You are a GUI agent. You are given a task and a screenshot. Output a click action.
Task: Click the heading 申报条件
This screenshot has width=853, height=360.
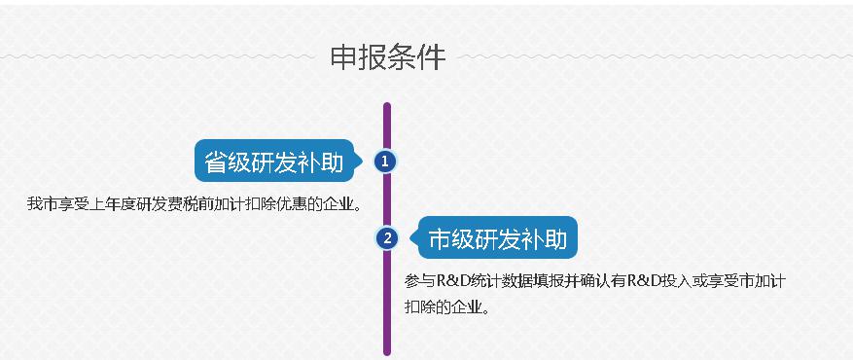click(388, 57)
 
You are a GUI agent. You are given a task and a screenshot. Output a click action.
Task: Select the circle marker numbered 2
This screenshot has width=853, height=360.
click(387, 237)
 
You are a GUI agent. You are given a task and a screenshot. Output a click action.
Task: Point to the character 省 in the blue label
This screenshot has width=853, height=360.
click(215, 162)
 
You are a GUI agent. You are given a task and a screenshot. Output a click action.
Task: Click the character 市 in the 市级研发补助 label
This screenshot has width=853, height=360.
click(440, 238)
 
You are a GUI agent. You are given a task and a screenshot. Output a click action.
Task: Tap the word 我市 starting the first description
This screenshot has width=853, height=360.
click(43, 204)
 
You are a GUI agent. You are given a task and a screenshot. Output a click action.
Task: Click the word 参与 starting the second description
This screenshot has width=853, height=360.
click(420, 281)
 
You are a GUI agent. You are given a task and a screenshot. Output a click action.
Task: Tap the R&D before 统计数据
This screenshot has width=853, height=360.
click(452, 281)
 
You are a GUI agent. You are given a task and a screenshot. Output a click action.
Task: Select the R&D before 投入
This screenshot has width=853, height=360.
click(643, 281)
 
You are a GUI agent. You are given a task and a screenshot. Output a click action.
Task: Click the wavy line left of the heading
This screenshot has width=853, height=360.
click(158, 56)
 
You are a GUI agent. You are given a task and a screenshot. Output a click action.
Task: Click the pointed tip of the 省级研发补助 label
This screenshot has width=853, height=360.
click(363, 161)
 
